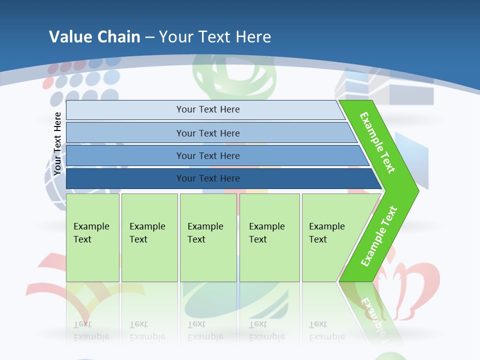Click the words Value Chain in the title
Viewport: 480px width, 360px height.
94,37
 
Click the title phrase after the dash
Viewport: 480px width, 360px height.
215,37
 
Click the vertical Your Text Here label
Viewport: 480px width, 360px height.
57,144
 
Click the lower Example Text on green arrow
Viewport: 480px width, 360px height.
378,236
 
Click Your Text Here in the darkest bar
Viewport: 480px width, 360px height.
208,178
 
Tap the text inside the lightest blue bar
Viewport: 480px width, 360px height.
208,109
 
